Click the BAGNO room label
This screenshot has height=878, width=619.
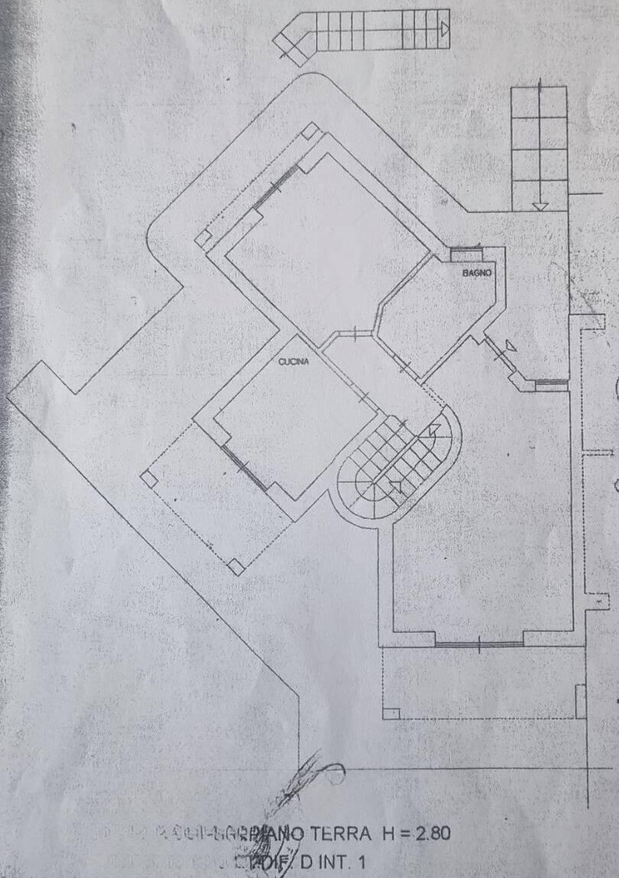[x=476, y=273]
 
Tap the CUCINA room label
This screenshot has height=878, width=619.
[x=293, y=363]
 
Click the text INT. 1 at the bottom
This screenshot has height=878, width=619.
[x=339, y=862]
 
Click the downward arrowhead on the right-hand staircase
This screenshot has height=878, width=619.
[x=540, y=204]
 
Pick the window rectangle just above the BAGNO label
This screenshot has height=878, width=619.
[x=465, y=254]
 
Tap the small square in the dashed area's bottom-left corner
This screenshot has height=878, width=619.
[x=391, y=714]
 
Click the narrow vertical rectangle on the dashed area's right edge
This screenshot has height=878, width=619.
[x=580, y=701]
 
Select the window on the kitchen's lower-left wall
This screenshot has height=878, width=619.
[x=245, y=467]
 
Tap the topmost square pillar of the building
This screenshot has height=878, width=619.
[x=309, y=131]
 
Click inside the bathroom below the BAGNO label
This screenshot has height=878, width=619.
[x=443, y=314]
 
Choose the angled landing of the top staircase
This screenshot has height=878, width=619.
[x=294, y=42]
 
